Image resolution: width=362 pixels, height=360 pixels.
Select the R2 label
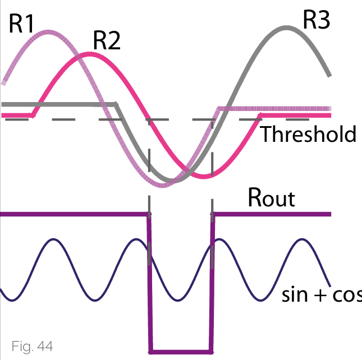click(x=107, y=41)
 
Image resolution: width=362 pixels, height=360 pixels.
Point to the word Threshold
click(x=308, y=135)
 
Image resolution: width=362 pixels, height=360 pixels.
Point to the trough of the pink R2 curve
click(x=204, y=177)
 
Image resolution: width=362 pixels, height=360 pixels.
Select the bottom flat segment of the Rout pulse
click(x=181, y=352)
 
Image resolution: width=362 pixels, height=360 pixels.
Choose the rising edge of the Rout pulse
click(x=212, y=280)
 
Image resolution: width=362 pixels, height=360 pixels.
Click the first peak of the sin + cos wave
click(x=53, y=241)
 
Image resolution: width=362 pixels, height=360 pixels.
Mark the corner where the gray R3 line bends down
click(x=116, y=104)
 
